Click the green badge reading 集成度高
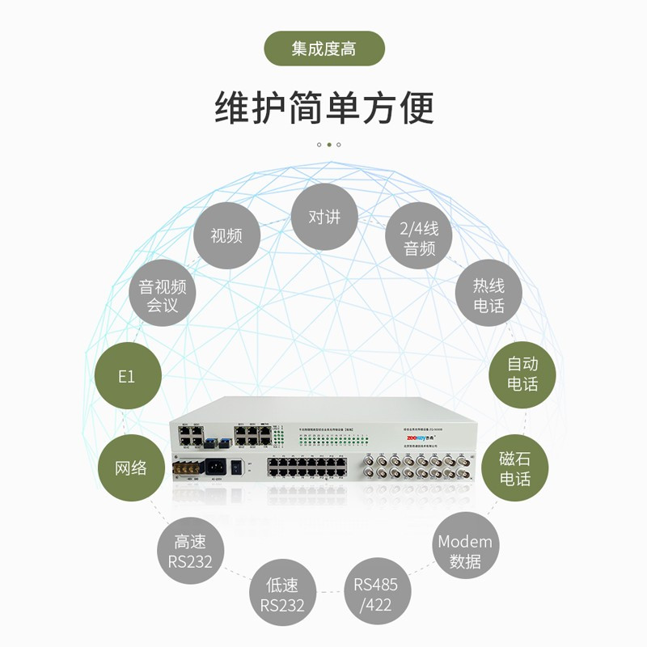[x=324, y=49]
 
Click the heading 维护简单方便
[x=324, y=108]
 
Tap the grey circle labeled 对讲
[x=324, y=217]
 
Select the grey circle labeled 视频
[x=226, y=235]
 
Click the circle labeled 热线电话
[x=488, y=295]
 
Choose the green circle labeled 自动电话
[x=522, y=373]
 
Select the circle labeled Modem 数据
[x=464, y=551]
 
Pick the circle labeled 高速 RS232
[x=190, y=551]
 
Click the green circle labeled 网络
[x=130, y=467]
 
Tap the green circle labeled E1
[x=127, y=377]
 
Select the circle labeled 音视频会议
[x=163, y=295]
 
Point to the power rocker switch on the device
[x=236, y=467]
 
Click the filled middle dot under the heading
[x=328, y=145]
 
